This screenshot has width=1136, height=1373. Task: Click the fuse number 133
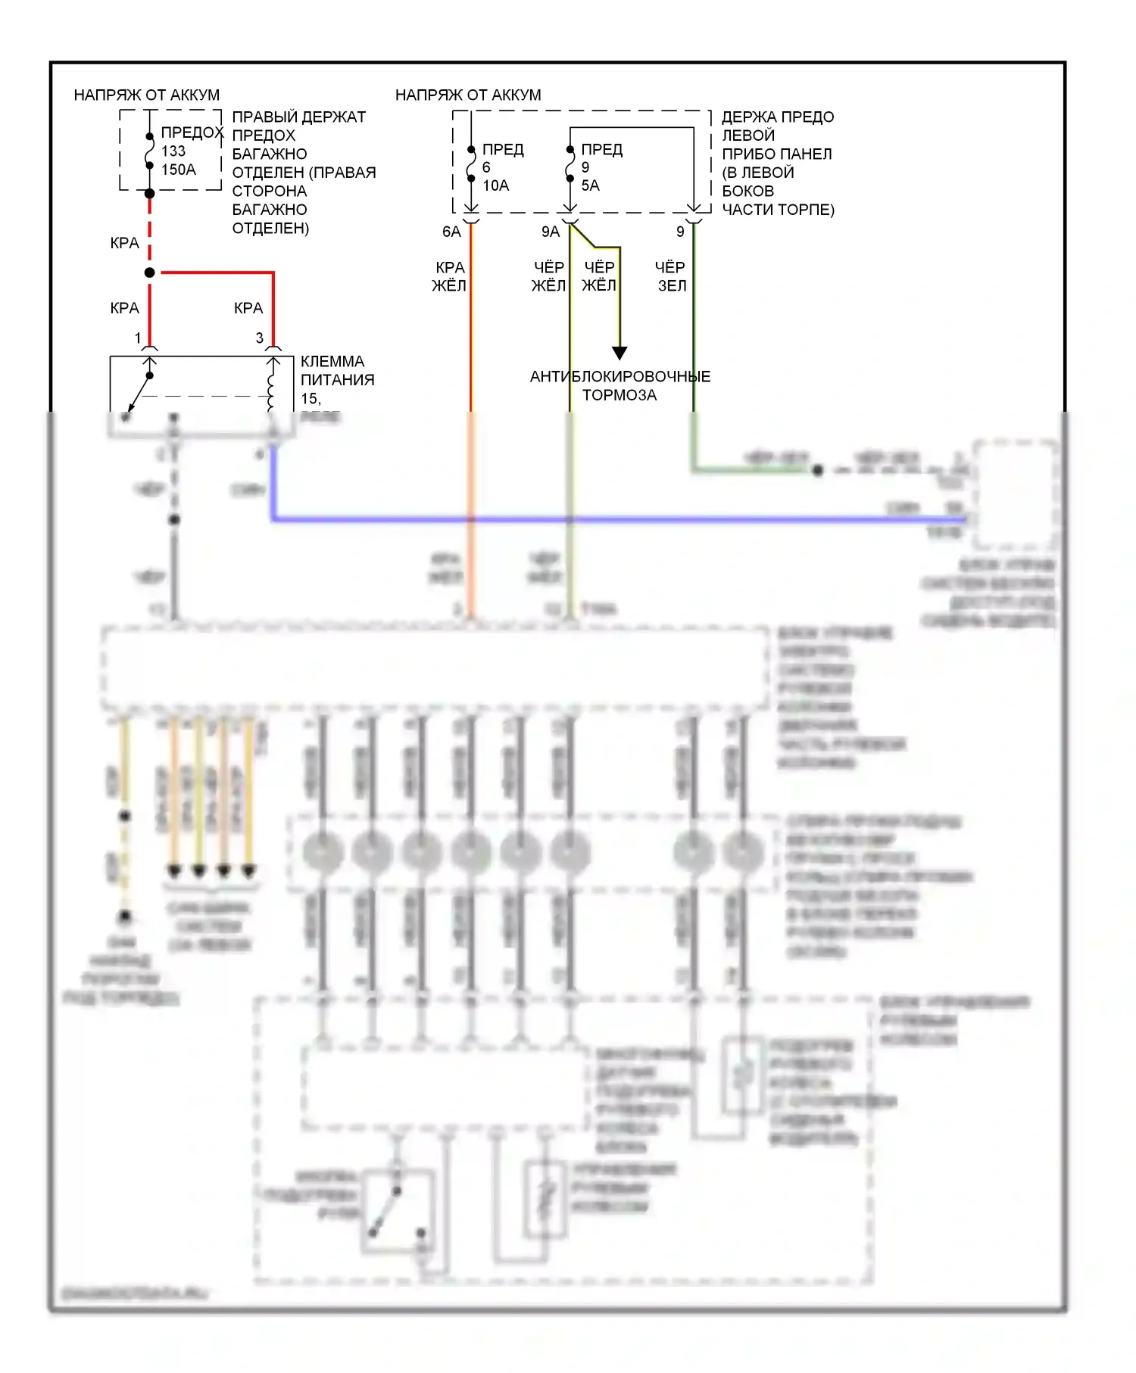[x=173, y=151]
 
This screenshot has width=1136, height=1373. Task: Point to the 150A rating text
[x=178, y=170]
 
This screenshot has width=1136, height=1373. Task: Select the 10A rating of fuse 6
[x=495, y=185]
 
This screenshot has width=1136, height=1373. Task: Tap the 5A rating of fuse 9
[x=590, y=185]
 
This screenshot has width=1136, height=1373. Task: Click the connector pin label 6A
[x=451, y=232]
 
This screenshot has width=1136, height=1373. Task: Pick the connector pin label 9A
[x=551, y=232]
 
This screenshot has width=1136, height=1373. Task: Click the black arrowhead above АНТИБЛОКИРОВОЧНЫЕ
[x=619, y=353]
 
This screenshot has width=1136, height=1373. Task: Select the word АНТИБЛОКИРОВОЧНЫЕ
[x=619, y=376]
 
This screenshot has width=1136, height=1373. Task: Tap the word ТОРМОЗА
[x=619, y=395]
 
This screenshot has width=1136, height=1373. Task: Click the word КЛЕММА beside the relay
[x=332, y=361]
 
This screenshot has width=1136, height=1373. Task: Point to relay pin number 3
[x=260, y=338]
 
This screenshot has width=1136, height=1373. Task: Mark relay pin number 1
[x=138, y=338]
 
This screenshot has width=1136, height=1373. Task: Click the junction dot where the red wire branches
[x=150, y=272]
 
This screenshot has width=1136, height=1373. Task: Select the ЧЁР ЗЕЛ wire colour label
[x=670, y=276]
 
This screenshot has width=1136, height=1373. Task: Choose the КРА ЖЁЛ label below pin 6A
[x=449, y=276]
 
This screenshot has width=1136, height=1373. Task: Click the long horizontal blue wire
[x=606, y=519]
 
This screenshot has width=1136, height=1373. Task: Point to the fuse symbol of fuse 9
[x=570, y=164]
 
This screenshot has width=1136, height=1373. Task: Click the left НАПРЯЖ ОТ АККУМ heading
[x=147, y=95]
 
